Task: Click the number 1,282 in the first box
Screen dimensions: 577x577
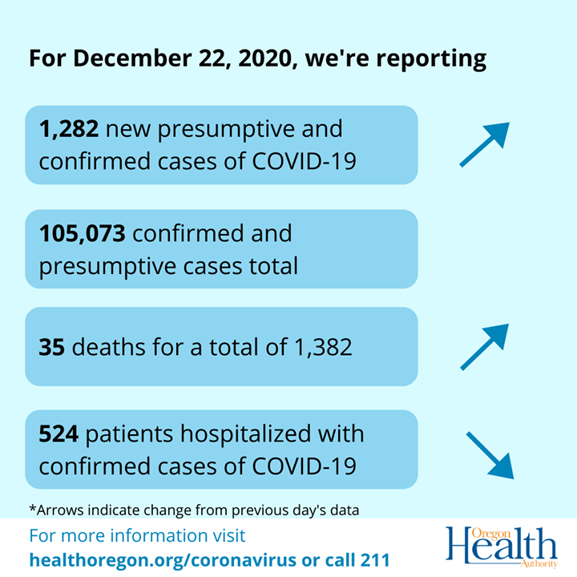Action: [x=69, y=128]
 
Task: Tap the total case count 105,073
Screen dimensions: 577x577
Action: [x=83, y=233]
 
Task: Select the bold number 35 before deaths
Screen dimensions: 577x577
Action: [x=50, y=347]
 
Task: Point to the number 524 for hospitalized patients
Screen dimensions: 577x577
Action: [x=59, y=434]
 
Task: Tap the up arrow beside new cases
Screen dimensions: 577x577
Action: [x=484, y=145]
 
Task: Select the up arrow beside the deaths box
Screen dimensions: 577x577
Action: [x=484, y=347]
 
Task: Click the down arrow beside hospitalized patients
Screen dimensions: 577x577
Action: [x=489, y=455]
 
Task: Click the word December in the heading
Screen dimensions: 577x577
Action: [x=120, y=59]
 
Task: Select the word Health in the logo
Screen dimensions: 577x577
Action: [x=501, y=547]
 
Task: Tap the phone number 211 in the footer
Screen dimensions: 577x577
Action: [x=374, y=559]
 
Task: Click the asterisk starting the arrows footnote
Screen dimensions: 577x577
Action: [x=31, y=508]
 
